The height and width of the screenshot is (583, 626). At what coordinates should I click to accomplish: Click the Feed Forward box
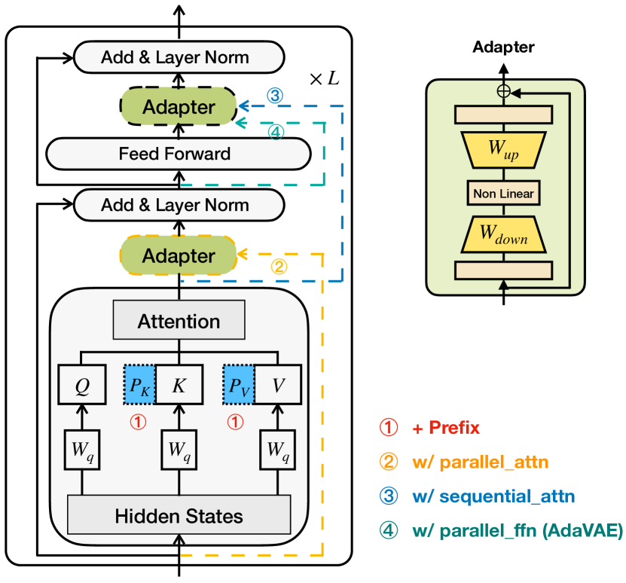click(x=179, y=154)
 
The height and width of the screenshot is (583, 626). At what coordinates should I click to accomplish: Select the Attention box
click(x=179, y=322)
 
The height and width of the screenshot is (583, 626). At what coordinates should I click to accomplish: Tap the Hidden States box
click(x=179, y=516)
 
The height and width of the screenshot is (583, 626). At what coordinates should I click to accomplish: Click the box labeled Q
click(x=82, y=385)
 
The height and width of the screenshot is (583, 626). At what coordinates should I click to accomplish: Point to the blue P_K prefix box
click(x=139, y=385)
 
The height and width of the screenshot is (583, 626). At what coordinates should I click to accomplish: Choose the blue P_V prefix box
click(x=239, y=385)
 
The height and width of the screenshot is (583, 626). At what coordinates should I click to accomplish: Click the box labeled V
click(x=277, y=385)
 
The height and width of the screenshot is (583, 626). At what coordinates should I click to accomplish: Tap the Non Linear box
click(x=504, y=194)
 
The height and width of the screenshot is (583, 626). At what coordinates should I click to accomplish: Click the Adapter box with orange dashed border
click(x=179, y=256)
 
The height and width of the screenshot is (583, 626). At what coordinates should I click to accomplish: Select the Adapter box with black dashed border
click(x=179, y=107)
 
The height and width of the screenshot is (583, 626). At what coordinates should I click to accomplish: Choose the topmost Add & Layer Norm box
click(x=179, y=56)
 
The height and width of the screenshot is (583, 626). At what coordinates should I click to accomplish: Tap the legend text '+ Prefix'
click(x=445, y=428)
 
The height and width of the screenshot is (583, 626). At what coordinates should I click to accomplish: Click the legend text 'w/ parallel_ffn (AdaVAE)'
click(x=517, y=531)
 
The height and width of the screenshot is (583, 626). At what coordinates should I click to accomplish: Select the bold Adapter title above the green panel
click(x=503, y=47)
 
